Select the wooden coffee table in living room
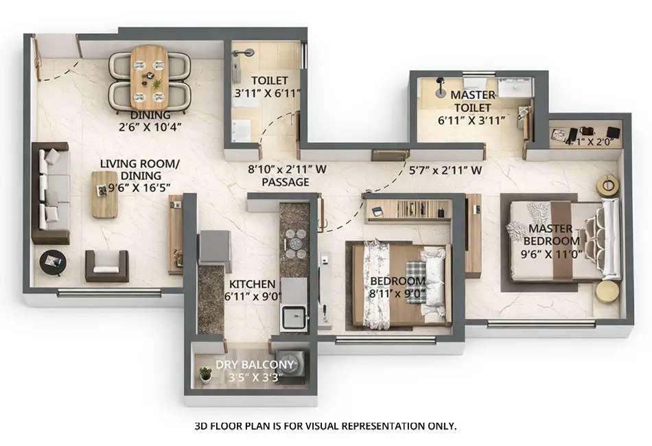pyautogui.click(x=105, y=194)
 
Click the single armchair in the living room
pyautogui.click(x=106, y=266)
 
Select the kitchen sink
pyautogui.click(x=296, y=317)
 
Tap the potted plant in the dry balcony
pyautogui.click(x=205, y=375)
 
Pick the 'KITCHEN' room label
pyautogui.click(x=252, y=284)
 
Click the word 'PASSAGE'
pyautogui.click(x=285, y=183)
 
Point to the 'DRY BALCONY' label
pyautogui.click(x=255, y=364)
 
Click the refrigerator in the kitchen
pyautogui.click(x=214, y=247)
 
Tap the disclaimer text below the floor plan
pyautogui.click(x=325, y=426)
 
